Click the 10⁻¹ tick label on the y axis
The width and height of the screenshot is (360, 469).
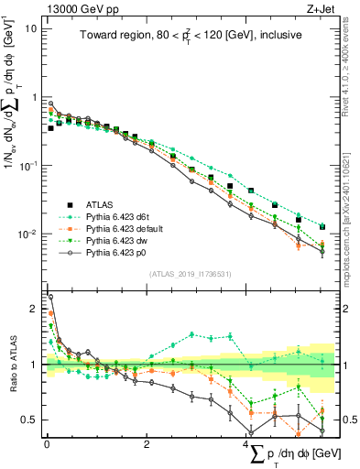[x=27, y=165]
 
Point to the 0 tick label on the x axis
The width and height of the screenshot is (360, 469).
[x=46, y=444]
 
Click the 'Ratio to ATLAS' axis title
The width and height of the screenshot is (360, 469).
[x=12, y=365]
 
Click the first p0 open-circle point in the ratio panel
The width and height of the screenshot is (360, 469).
[x=50, y=297]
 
